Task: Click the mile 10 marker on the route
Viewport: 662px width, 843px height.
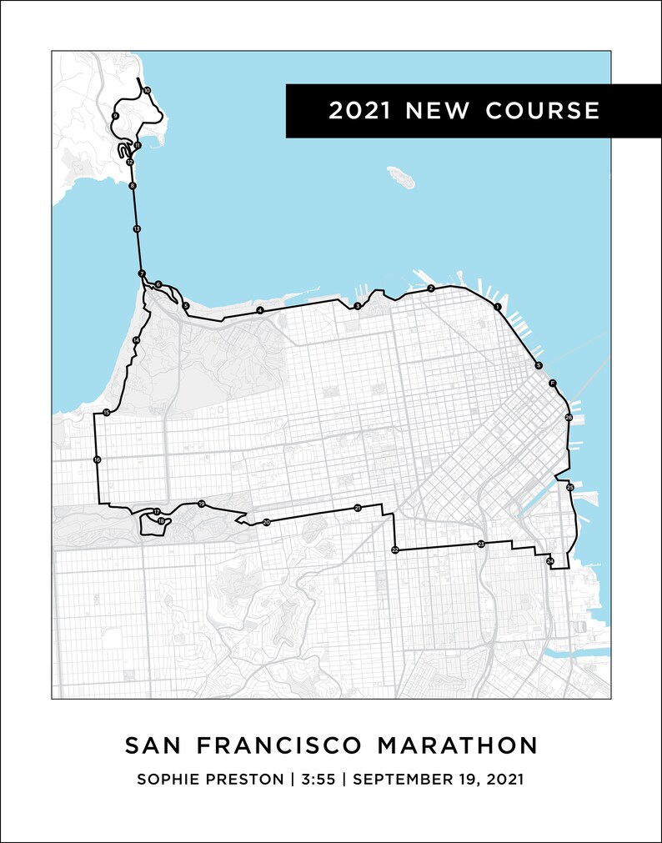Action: coord(147,90)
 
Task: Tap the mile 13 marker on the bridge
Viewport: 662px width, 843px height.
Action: coord(137,228)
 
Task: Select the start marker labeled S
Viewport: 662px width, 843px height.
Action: coord(539,366)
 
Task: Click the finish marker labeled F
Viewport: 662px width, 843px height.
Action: coord(552,383)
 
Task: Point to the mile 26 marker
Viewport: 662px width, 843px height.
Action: coord(569,417)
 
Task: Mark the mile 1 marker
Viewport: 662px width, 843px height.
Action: coord(498,308)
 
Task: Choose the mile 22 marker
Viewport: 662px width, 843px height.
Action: coord(395,550)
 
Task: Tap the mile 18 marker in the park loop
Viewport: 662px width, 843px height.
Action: coord(161,521)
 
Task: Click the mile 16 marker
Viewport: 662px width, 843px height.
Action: coord(98,459)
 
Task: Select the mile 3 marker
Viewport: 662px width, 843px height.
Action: coord(358,306)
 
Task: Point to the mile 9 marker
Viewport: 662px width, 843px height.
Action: coord(115,116)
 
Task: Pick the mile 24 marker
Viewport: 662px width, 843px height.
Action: coord(550,562)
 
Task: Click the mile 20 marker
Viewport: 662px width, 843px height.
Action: coord(267,523)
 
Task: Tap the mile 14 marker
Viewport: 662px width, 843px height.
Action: coord(137,340)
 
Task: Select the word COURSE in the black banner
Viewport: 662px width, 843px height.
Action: coord(544,111)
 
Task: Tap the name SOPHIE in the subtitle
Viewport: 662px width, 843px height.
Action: coord(166,780)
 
